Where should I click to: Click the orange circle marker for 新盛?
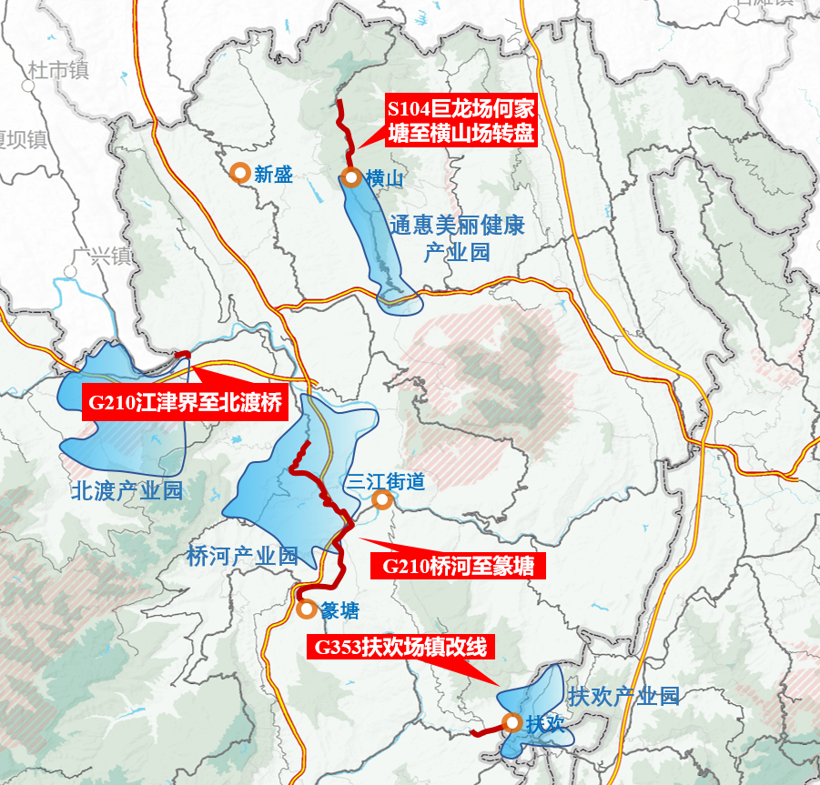pyautogui.click(x=240, y=172)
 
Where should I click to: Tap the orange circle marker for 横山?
pyautogui.click(x=351, y=178)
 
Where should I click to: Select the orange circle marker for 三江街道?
pyautogui.click(x=382, y=500)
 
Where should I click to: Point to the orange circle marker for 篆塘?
pyautogui.click(x=306, y=609)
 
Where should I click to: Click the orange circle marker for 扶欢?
pyautogui.click(x=511, y=724)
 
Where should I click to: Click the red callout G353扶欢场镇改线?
pyautogui.click(x=400, y=649)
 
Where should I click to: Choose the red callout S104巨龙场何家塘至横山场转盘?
pyautogui.click(x=461, y=122)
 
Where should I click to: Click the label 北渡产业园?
pyautogui.click(x=127, y=491)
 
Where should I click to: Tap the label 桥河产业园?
pyautogui.click(x=242, y=557)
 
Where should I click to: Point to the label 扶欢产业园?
pyautogui.click(x=623, y=697)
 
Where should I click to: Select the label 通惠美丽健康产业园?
pyautogui.click(x=457, y=238)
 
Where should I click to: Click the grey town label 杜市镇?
pyautogui.click(x=58, y=69)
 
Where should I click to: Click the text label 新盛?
pyautogui.click(x=274, y=174)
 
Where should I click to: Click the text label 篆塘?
pyautogui.click(x=339, y=611)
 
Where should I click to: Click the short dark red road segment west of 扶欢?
pyautogui.click(x=486, y=730)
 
